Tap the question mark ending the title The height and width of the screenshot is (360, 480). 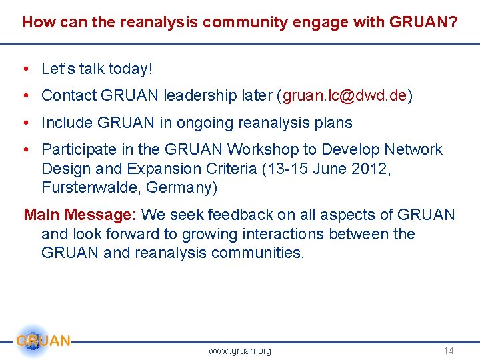(453, 22)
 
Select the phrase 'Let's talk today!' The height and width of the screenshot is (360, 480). (97, 69)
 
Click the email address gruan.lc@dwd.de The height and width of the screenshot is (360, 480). (345, 96)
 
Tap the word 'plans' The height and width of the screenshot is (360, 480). (332, 123)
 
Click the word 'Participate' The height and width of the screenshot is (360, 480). (78, 149)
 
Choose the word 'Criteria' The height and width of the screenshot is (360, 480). (231, 169)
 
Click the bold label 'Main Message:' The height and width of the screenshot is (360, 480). (80, 215)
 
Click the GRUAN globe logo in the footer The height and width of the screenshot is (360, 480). (33, 341)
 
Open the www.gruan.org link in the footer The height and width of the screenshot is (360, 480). (240, 351)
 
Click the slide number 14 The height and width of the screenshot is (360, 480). (449, 351)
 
